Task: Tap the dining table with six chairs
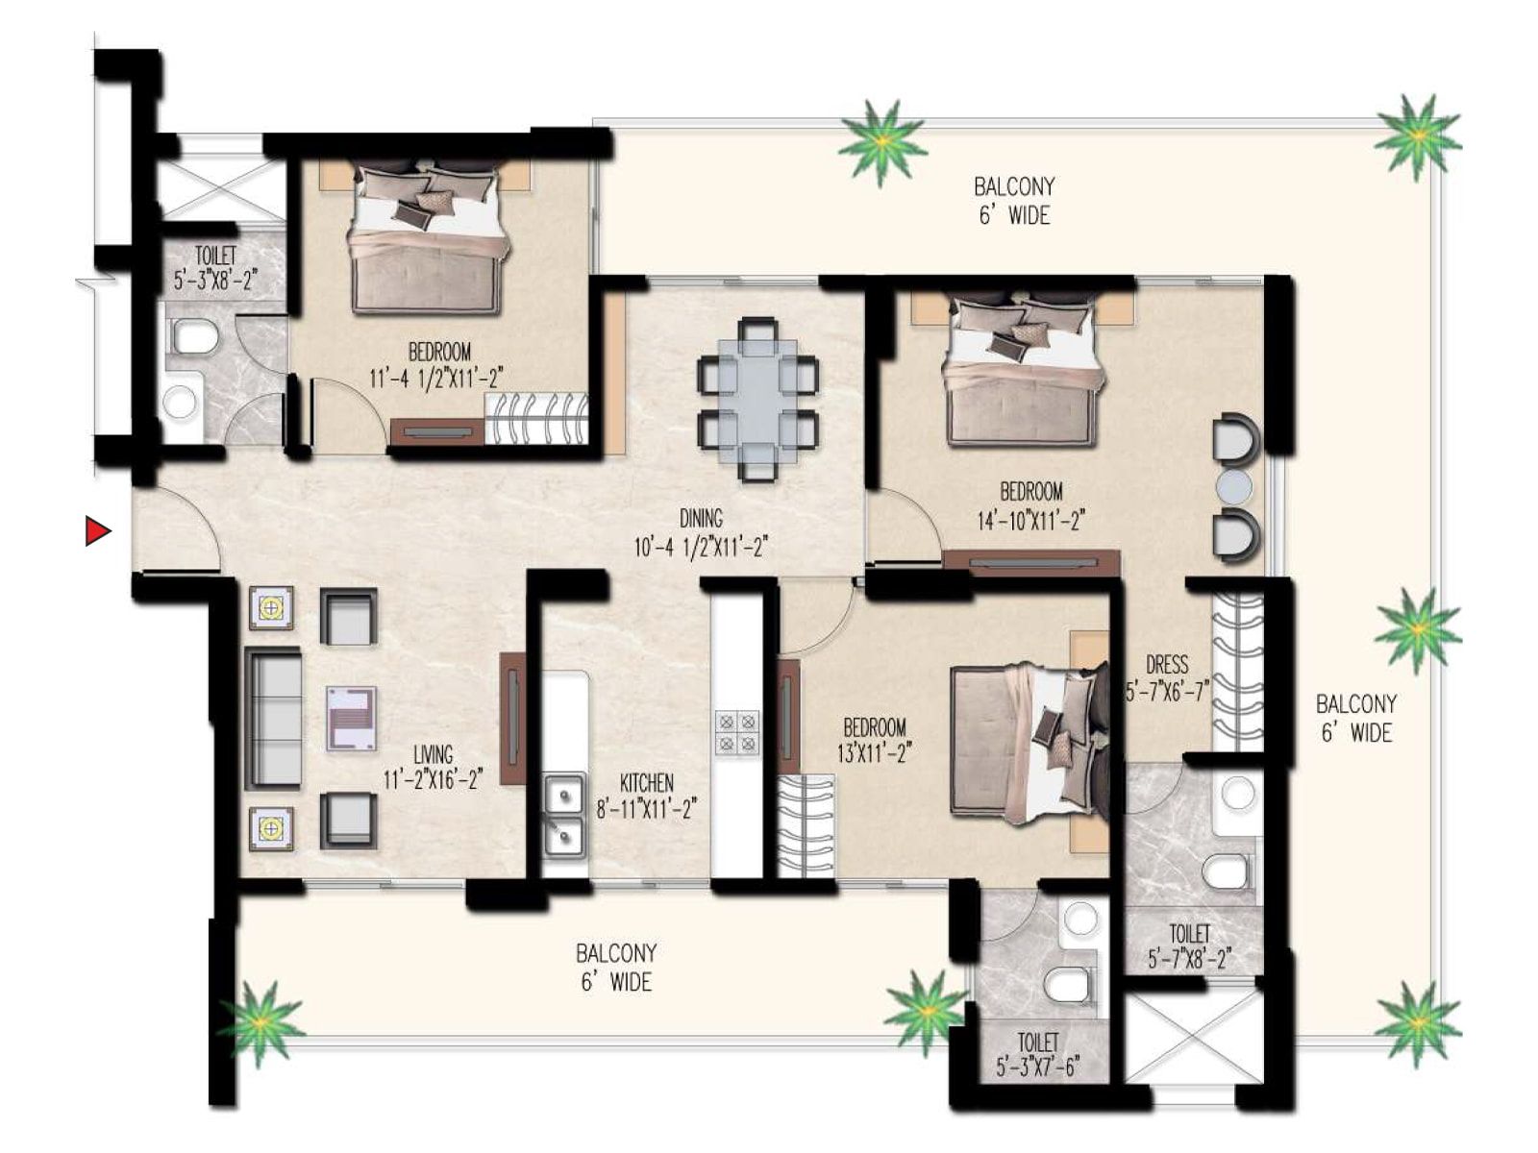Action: [758, 397]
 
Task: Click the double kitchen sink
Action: [564, 813]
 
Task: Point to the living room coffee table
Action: [351, 718]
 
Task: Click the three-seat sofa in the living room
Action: [275, 718]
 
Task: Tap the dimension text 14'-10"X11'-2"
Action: [1030, 521]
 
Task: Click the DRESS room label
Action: [1167, 664]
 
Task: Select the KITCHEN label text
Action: [646, 783]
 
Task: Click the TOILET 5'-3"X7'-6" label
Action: [1038, 1054]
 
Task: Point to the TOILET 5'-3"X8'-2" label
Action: [215, 268]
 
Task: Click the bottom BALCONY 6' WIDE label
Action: [616, 968]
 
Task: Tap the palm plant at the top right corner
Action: [1417, 136]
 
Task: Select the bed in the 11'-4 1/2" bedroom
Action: [427, 240]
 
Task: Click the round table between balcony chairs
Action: [1234, 487]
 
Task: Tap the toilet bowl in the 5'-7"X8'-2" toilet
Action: [1226, 872]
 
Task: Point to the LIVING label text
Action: [433, 755]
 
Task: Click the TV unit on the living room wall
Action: [512, 718]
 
